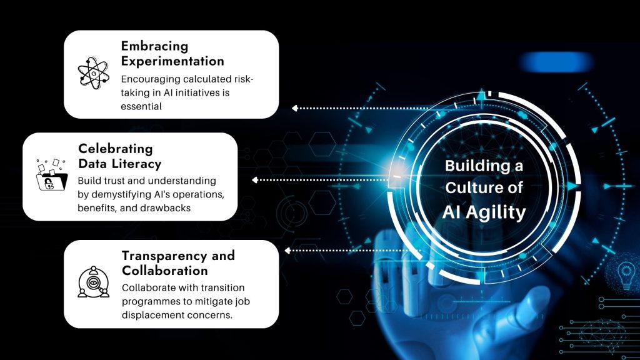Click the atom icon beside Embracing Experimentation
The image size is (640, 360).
tap(93, 74)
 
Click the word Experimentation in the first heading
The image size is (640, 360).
tap(172, 61)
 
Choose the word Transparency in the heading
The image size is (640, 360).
tap(160, 256)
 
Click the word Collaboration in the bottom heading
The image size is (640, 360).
tap(165, 271)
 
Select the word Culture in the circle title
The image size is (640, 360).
tap(474, 188)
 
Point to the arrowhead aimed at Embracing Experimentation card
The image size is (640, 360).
tap(295, 108)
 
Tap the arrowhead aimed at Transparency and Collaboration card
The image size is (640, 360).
tap(287, 251)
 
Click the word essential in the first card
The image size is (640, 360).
tap(142, 106)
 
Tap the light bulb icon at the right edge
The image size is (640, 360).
tap(625, 276)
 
